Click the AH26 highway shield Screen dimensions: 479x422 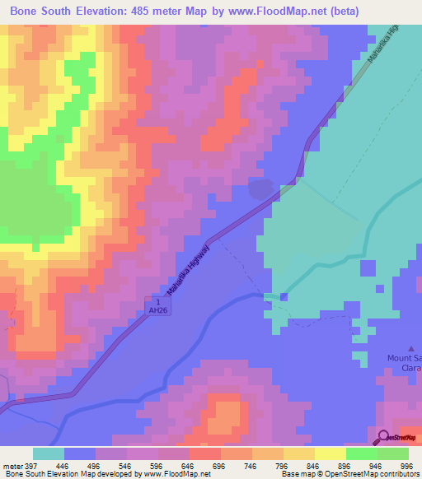click(x=152, y=311)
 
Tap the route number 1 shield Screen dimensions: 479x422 click(x=152, y=301)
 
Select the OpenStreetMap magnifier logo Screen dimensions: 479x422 click(x=384, y=437)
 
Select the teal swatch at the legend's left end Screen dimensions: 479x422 click(x=48, y=453)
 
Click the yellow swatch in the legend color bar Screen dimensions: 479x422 click(x=330, y=453)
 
